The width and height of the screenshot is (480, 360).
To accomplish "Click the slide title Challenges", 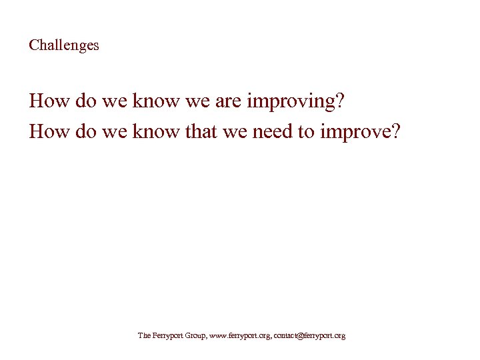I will (64, 46).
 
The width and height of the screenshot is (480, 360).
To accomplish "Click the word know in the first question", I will (156, 102).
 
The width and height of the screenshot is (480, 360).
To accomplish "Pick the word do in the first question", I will (79, 102).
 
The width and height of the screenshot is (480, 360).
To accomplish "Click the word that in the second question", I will (201, 132).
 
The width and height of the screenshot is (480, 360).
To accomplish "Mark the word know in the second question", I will (156, 132).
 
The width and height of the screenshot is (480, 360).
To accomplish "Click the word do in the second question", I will (79, 132).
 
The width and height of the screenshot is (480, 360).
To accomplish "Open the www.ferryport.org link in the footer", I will (240, 336).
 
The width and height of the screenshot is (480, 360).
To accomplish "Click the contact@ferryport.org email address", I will (309, 336).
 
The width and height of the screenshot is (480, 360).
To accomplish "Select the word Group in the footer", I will (194, 336).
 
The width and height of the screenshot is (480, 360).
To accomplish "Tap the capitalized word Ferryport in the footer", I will (165, 336).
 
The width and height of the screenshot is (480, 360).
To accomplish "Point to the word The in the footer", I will (143, 336).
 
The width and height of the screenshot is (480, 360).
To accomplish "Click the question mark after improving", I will (340, 102).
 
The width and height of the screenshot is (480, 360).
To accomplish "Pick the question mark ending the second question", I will (396, 132).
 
